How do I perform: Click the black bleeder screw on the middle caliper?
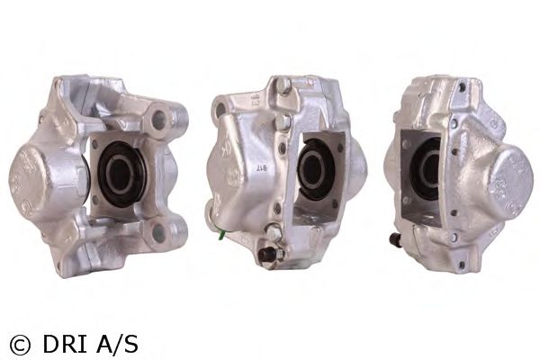tap(266, 255)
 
